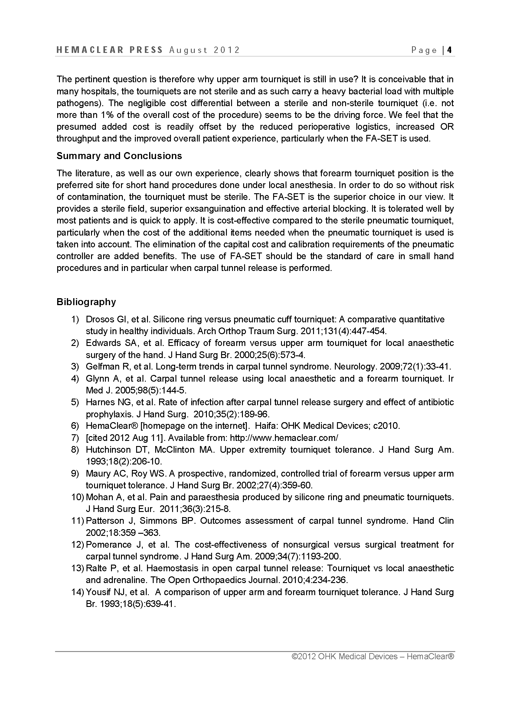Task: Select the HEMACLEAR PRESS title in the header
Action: [110, 50]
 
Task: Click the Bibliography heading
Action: [86, 302]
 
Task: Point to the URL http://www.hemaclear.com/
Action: [284, 438]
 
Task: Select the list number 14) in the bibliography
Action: [77, 592]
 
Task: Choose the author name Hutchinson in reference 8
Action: [108, 450]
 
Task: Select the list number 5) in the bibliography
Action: [75, 402]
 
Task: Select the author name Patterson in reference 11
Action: [106, 521]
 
